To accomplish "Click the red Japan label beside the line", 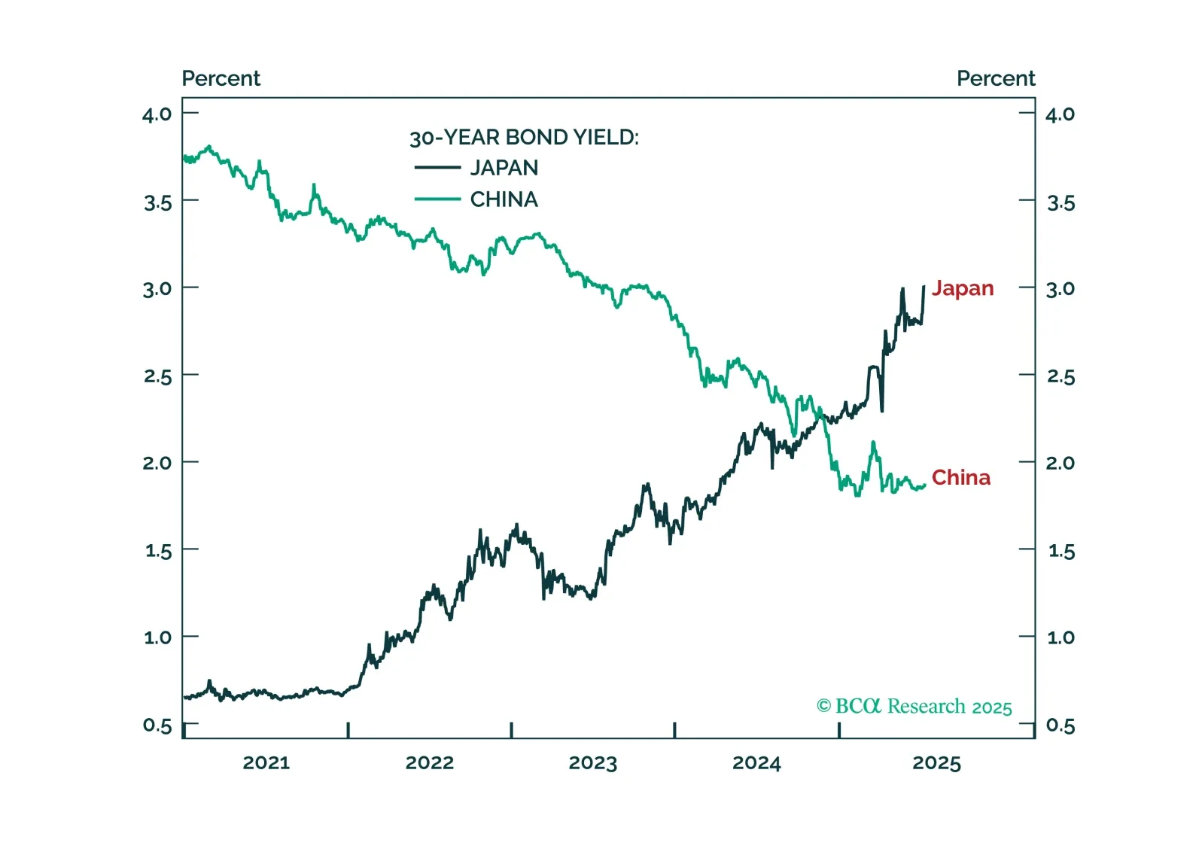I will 963,288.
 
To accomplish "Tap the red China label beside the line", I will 960,478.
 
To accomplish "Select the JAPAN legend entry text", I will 504,168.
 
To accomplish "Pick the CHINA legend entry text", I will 504,199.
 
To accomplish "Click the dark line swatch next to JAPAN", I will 437,168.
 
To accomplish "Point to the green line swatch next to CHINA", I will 437,199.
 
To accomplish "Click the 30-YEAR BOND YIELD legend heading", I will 524,138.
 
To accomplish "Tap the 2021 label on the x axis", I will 266,763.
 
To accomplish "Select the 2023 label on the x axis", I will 592,763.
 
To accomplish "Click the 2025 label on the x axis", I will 936,763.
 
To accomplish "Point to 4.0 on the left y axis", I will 157,114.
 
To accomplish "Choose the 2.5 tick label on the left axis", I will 157,376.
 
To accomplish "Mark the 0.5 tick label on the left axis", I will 157,726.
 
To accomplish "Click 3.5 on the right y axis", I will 1061,203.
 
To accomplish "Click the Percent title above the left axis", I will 221,78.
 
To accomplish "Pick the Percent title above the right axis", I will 995,78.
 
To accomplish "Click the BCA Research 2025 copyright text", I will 914,707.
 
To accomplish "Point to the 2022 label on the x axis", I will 429,763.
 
